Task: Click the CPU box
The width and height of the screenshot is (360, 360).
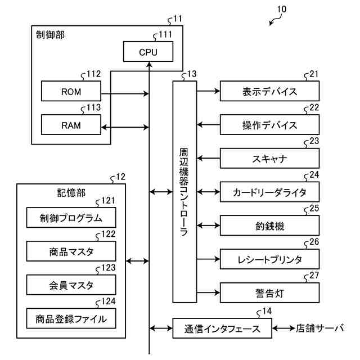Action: coord(148,51)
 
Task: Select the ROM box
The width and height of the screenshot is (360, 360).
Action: coord(71,91)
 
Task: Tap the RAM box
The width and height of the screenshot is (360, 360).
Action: coord(71,125)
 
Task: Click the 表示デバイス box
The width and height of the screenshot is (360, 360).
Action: coord(269,91)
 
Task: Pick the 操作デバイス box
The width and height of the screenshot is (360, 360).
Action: coord(269,125)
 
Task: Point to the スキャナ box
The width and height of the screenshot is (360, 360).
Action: coord(269,158)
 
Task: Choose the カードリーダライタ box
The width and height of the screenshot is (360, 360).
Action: coord(269,192)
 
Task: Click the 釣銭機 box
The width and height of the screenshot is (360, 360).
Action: coord(269,226)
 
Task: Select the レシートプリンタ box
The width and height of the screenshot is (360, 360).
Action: coord(269,259)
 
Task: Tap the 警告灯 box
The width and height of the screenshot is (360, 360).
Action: coord(269,292)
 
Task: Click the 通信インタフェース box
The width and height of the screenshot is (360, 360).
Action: coord(222,328)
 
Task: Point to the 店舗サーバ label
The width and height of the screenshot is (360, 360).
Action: coord(319,328)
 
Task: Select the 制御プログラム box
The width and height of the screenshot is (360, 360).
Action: coord(71,218)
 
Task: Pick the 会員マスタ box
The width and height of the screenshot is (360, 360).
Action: coord(71,285)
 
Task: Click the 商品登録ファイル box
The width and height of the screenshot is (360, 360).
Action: coord(71,318)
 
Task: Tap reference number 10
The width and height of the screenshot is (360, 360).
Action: coord(282,9)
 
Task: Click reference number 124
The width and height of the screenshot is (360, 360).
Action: coord(108,301)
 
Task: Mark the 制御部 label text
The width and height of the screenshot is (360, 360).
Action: coord(50,35)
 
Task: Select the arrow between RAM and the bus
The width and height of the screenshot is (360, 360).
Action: coord(125,127)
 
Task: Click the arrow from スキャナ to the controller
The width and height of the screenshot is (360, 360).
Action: coord(208,158)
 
